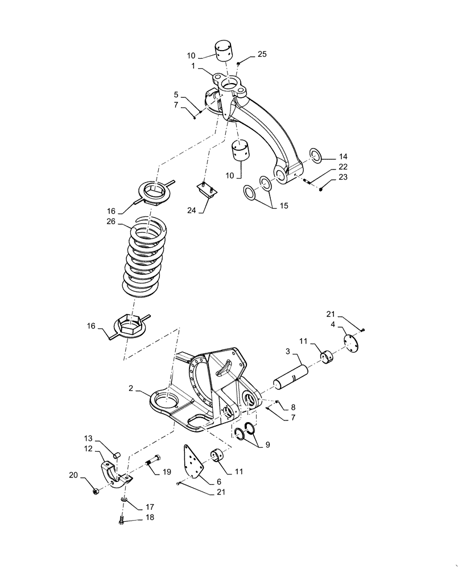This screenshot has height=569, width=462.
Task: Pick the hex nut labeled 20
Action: tap(95, 491)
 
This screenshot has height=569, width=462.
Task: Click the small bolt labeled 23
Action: tap(321, 188)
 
